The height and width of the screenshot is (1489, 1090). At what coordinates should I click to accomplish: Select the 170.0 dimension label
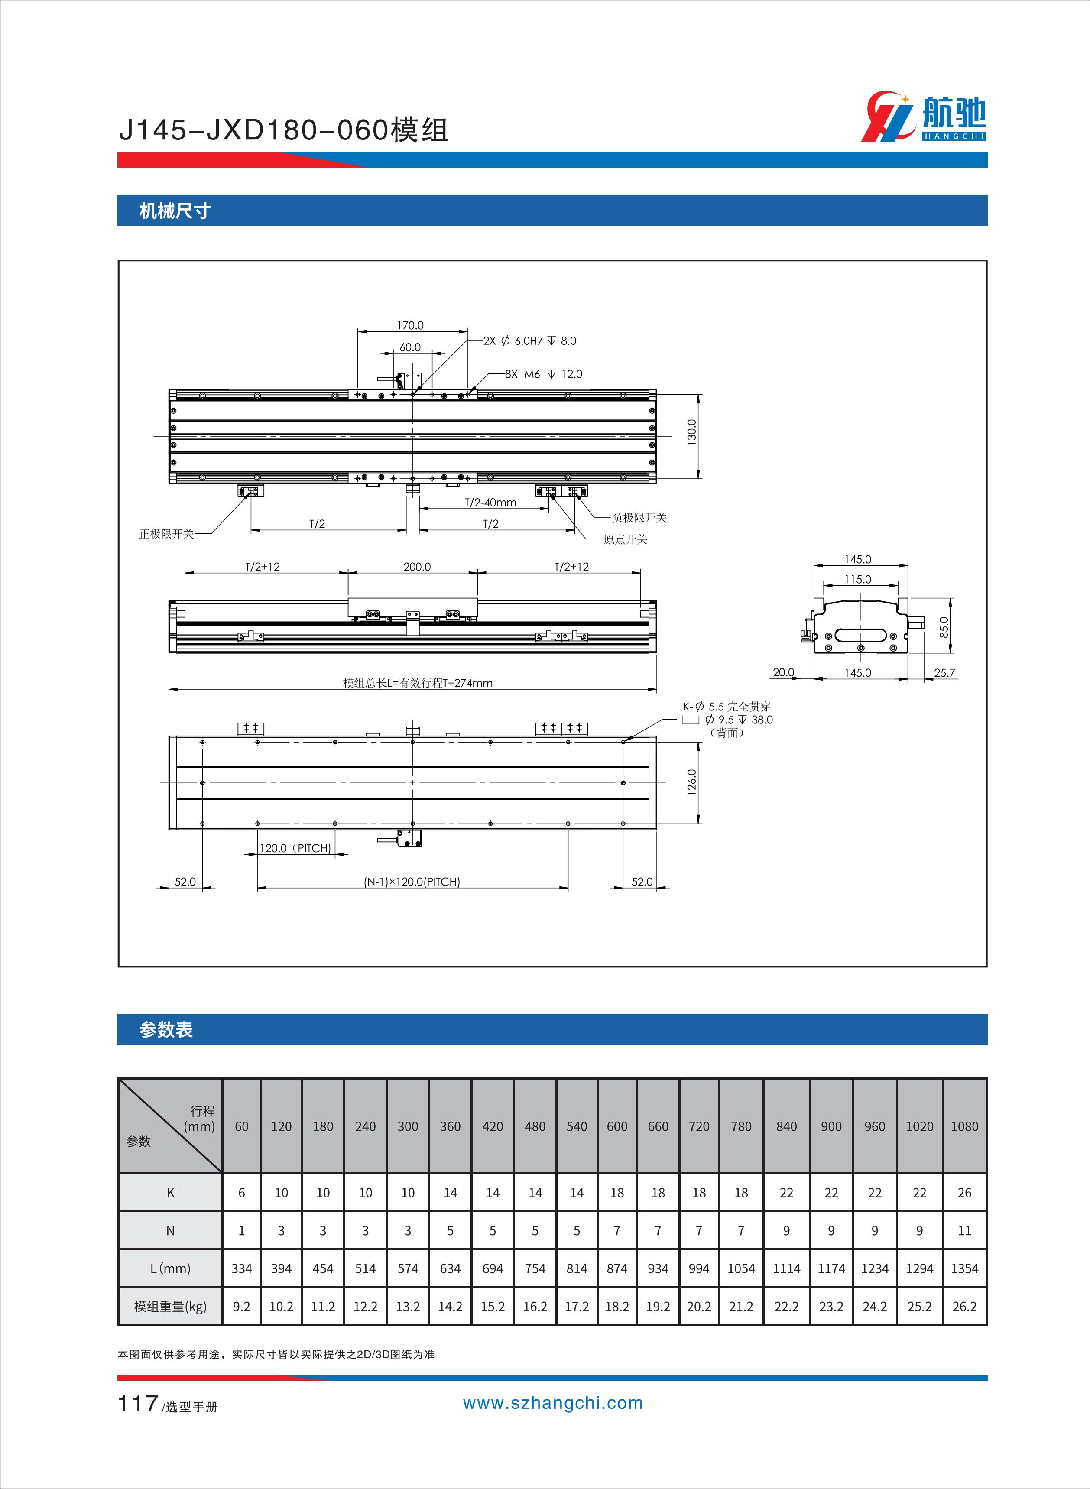(410, 325)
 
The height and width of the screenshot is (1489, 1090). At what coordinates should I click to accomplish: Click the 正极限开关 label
(166, 534)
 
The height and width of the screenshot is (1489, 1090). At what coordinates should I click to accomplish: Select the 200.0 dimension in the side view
(417, 567)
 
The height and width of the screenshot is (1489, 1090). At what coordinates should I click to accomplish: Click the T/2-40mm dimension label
(490, 503)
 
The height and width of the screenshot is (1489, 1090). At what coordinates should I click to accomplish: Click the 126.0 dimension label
(691, 782)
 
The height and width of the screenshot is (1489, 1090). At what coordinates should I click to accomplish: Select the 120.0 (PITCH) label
(295, 848)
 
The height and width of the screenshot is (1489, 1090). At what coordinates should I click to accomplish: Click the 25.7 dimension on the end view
(944, 673)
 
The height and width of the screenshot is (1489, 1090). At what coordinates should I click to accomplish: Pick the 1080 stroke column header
(964, 1126)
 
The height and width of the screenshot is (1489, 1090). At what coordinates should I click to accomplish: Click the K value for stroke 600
(617, 1193)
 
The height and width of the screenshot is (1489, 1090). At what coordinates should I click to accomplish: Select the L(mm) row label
(170, 1268)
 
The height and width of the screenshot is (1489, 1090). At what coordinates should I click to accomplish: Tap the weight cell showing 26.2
(964, 1306)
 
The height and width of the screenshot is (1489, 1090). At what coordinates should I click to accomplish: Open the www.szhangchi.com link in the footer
(552, 1403)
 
